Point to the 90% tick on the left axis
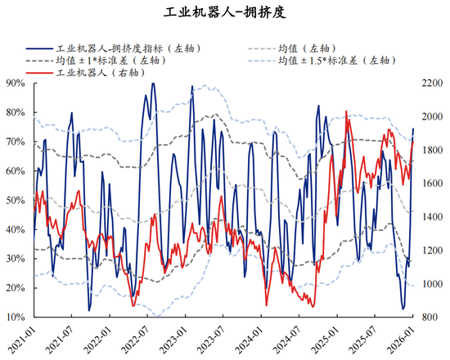click(x=14, y=83)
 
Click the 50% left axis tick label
click(x=14, y=200)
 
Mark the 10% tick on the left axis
click(x=14, y=317)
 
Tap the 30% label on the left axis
click(x=14, y=259)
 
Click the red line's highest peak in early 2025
click(x=347, y=111)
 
